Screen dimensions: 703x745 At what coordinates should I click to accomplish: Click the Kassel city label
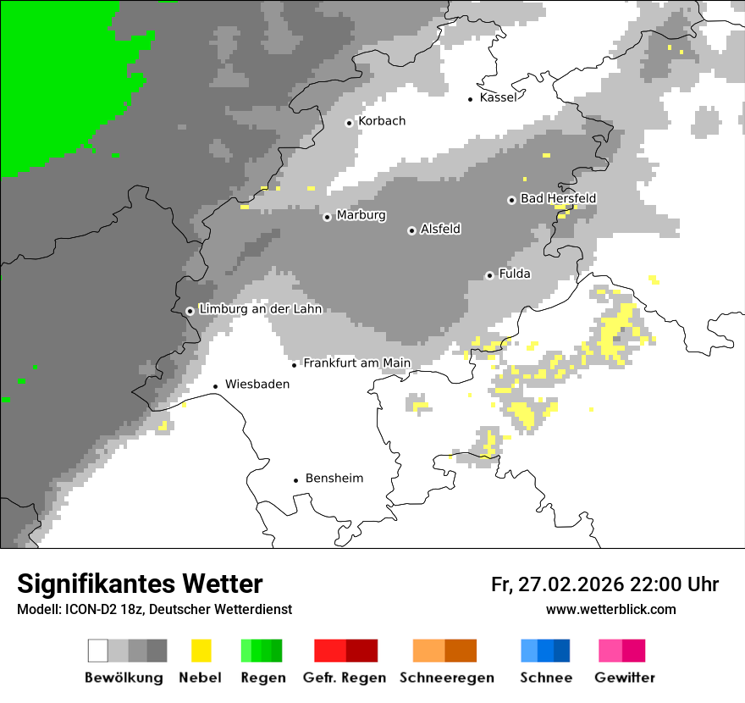[498, 97]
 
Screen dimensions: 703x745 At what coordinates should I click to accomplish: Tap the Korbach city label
[381, 121]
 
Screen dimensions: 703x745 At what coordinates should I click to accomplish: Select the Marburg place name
[361, 215]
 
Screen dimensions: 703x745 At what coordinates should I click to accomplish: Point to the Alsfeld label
[440, 229]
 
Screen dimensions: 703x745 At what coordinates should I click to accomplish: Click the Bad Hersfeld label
[558, 198]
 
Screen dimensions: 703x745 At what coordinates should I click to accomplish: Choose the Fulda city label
[515, 274]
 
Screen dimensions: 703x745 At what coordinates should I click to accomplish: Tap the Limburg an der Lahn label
[260, 309]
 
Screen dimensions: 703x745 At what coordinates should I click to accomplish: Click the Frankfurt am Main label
[356, 363]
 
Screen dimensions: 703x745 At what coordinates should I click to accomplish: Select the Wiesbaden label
[257, 384]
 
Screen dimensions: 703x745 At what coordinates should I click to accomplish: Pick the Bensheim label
[334, 479]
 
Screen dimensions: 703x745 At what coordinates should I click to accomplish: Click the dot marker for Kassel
[471, 99]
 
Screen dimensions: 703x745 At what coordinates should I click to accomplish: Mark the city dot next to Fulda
[489, 275]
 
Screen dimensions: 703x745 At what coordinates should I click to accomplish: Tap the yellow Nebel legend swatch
[201, 650]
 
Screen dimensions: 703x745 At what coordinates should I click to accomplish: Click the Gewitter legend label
[625, 678]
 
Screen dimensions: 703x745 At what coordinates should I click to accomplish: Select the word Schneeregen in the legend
[447, 678]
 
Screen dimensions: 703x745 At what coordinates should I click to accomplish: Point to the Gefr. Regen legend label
[345, 678]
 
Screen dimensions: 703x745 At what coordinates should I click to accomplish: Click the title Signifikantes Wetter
[140, 584]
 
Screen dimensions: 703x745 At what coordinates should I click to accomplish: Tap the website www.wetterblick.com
[610, 609]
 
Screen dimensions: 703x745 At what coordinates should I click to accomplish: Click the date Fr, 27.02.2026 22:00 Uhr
[604, 584]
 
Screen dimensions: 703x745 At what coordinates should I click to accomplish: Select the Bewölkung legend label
[124, 678]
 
